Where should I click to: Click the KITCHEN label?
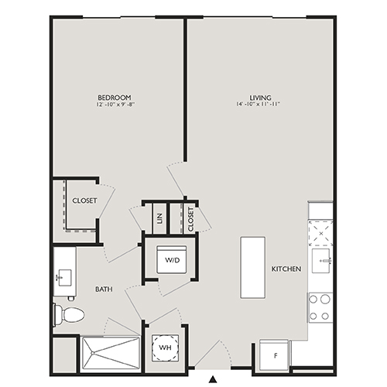tap(286, 269)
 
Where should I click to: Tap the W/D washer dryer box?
tap(171, 259)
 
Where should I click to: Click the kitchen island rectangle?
tap(252, 266)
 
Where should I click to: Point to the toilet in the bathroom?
tap(68, 314)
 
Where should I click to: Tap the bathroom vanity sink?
tap(63, 276)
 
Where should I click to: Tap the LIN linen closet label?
tap(159, 220)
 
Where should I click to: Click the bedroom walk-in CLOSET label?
tap(84, 200)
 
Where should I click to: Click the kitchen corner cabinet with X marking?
tap(320, 232)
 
